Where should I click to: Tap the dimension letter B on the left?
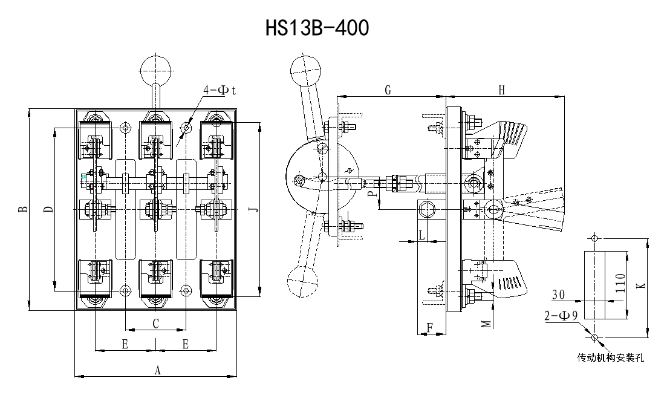click(x=22, y=210)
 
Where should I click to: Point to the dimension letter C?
click(x=155, y=324)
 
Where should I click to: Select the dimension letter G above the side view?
click(x=388, y=90)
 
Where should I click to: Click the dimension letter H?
click(x=501, y=90)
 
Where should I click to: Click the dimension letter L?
click(x=421, y=235)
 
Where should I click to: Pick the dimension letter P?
click(x=369, y=194)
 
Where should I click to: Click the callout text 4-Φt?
click(x=219, y=90)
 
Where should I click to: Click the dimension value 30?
click(x=558, y=295)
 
